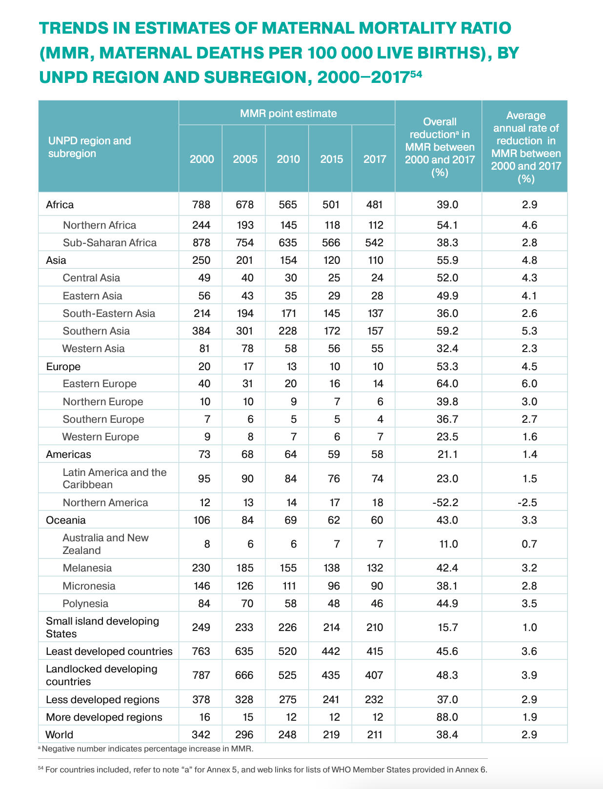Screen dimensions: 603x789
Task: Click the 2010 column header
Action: (288, 159)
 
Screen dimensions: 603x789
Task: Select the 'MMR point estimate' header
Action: (288, 114)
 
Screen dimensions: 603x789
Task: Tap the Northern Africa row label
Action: (100, 225)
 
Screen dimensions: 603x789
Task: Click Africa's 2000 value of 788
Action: (201, 204)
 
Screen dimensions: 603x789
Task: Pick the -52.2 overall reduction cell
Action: (445, 502)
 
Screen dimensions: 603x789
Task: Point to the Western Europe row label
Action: (100, 437)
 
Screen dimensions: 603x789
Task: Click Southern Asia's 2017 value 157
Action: (375, 331)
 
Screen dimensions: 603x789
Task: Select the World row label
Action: (60, 734)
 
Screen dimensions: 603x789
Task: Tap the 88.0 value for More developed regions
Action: (447, 717)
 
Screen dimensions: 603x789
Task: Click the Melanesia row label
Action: (87, 568)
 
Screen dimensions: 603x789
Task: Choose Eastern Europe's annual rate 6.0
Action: (529, 384)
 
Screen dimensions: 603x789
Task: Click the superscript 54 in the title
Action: (416, 74)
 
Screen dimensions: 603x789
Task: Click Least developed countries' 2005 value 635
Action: (244, 651)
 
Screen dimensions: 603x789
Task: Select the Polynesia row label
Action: (85, 603)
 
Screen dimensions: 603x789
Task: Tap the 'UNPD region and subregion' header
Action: (90, 147)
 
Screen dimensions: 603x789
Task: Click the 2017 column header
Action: (375, 159)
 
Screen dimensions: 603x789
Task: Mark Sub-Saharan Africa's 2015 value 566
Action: (331, 243)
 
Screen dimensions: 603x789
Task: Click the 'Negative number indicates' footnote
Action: (145, 749)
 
